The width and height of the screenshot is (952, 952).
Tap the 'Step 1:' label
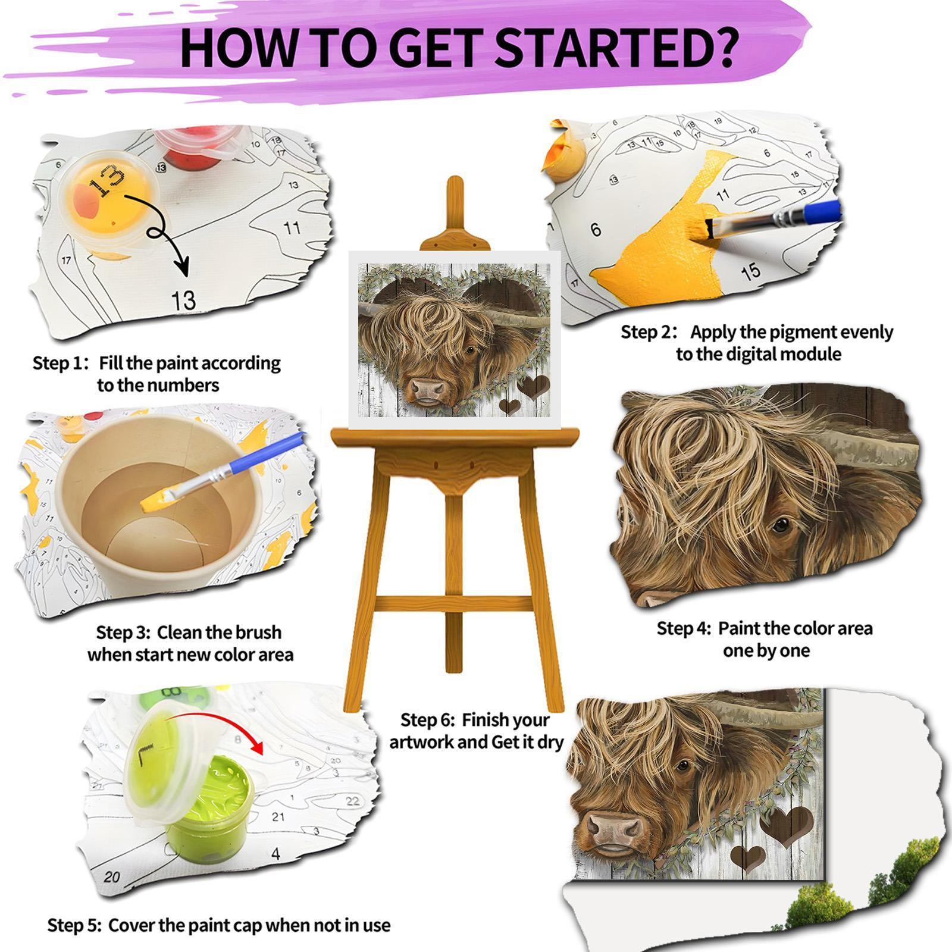point(61,363)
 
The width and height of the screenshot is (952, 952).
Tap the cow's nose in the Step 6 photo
point(615,826)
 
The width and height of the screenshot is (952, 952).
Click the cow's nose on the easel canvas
point(429,389)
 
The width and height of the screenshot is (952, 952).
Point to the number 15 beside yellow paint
point(751,271)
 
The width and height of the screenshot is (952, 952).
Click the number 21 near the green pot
point(278,816)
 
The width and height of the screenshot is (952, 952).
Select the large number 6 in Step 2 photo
point(596,229)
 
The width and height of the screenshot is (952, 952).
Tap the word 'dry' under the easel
point(548,743)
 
